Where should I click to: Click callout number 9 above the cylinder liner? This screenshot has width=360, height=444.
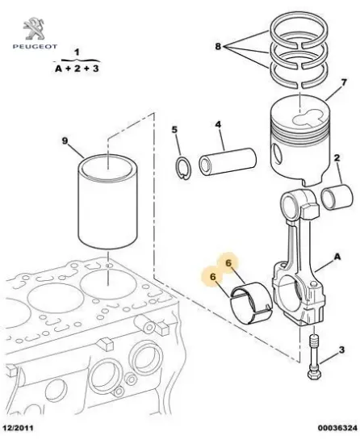[65, 141]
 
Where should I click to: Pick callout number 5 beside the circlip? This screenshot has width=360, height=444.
[174, 129]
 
